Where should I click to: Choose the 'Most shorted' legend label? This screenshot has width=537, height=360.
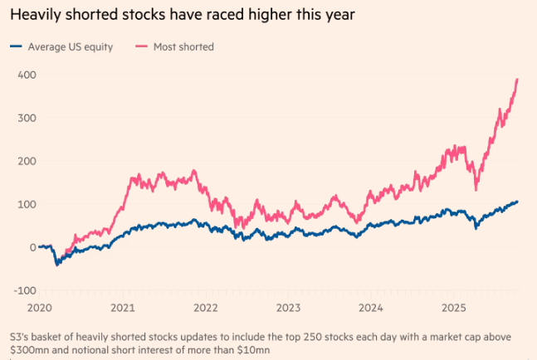[183, 46]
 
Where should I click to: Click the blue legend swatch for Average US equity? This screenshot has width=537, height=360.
[17, 46]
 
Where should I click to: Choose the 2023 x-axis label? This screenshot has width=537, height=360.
[289, 307]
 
